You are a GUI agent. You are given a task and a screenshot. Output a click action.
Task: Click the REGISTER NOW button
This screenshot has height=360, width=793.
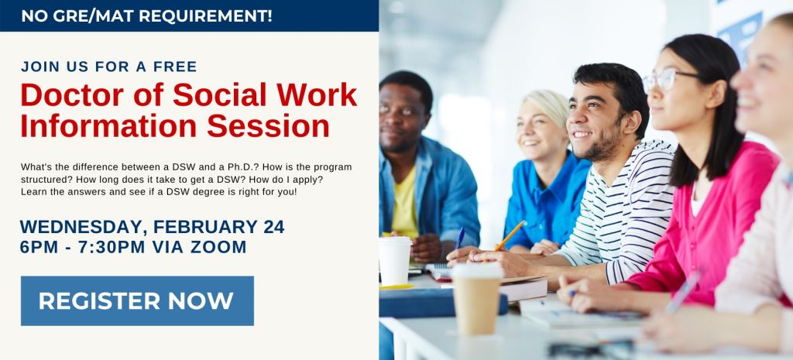click(x=137, y=301)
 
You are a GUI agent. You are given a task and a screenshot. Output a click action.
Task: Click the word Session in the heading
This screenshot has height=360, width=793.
click(x=268, y=126)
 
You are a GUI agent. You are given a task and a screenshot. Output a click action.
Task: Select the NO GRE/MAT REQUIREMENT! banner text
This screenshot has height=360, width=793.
click(x=146, y=15)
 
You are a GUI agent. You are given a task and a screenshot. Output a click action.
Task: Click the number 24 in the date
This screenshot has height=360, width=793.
click(x=273, y=227)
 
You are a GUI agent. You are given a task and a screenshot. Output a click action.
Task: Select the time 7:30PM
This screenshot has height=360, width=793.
click(x=112, y=247)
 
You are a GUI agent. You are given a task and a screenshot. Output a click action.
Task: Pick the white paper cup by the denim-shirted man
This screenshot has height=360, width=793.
click(x=395, y=260)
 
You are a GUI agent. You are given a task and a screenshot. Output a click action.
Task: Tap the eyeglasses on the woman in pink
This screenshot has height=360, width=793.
click(x=665, y=80)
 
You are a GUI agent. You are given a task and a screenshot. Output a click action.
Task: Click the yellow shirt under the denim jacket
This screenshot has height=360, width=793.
click(x=405, y=203)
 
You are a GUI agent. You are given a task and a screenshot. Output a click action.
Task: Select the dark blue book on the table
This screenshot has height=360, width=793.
click(x=442, y=303)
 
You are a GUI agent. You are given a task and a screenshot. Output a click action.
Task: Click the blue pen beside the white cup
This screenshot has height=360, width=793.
click(x=460, y=238)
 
